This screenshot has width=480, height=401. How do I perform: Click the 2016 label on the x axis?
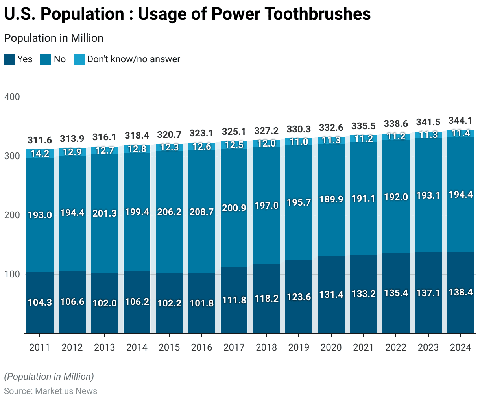[201, 347]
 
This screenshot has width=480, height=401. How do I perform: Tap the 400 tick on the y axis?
[12, 97]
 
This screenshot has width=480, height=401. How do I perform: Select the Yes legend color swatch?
[9, 59]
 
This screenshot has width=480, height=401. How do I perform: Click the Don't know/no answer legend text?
[133, 59]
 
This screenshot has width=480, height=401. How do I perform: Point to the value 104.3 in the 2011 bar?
[40, 303]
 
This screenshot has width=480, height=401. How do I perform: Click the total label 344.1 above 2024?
[460, 121]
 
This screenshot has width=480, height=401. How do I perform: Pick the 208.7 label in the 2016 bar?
[201, 212]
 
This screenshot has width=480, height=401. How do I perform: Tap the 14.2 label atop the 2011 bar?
[40, 154]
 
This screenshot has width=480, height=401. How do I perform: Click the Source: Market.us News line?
[50, 391]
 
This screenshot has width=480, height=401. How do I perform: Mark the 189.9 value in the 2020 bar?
[331, 199]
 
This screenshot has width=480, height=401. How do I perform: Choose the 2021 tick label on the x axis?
[363, 347]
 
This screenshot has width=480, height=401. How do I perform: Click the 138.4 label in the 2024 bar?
[460, 292]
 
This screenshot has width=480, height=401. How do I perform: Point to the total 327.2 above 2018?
[266, 130]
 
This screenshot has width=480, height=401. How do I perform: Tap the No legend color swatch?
[46, 59]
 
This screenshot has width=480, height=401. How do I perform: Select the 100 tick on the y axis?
[12, 274]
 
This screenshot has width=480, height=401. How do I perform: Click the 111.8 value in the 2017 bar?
[234, 300]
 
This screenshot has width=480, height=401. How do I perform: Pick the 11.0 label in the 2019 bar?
[299, 142]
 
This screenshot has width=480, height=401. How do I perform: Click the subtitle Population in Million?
[54, 38]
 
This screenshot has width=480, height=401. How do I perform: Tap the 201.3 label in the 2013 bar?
[104, 213]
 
